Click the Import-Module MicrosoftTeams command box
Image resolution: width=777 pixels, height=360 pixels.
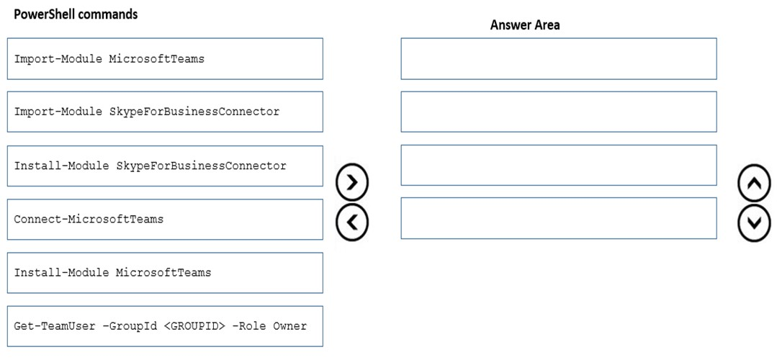(x=165, y=58)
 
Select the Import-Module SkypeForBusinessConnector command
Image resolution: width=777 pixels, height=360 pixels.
(x=165, y=112)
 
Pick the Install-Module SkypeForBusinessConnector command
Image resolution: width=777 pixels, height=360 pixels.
(x=165, y=166)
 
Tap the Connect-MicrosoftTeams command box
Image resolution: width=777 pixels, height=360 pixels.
(x=165, y=220)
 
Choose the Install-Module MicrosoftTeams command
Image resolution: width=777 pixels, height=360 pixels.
(x=165, y=273)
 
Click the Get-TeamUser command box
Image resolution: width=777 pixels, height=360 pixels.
(x=165, y=326)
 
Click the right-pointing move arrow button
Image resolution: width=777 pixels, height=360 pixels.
(x=352, y=183)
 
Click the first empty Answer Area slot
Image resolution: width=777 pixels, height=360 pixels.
(x=559, y=58)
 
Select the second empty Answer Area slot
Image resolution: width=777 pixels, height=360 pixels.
(x=559, y=112)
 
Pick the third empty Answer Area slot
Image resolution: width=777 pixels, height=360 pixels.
(x=559, y=166)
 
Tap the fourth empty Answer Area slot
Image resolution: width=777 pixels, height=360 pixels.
(x=559, y=218)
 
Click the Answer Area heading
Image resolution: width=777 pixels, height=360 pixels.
(x=525, y=25)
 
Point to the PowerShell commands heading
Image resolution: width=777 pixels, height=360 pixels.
(x=76, y=14)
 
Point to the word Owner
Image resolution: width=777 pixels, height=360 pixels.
(x=290, y=326)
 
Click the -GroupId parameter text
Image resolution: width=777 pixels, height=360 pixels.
(x=130, y=326)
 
